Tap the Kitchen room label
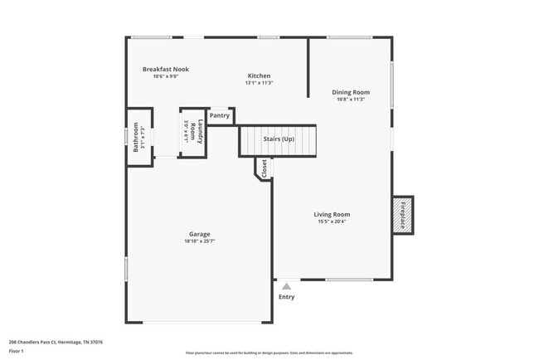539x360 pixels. [259, 75]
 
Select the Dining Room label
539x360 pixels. [351, 92]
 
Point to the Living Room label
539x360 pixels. [332, 214]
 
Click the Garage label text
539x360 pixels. [200, 234]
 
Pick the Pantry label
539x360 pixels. [220, 115]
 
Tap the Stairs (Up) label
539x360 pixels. [279, 139]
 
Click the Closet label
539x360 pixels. [264, 168]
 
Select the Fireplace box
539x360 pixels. [403, 215]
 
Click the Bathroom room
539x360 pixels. [138, 137]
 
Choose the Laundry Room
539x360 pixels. [192, 132]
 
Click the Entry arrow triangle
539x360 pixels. [286, 286]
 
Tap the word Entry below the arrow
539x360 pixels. [286, 297]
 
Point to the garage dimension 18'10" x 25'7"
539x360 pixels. [200, 241]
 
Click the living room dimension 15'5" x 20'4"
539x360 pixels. [332, 221]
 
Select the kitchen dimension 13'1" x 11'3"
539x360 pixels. [259, 83]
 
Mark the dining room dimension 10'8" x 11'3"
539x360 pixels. [351, 100]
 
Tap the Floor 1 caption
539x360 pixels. [17, 351]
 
